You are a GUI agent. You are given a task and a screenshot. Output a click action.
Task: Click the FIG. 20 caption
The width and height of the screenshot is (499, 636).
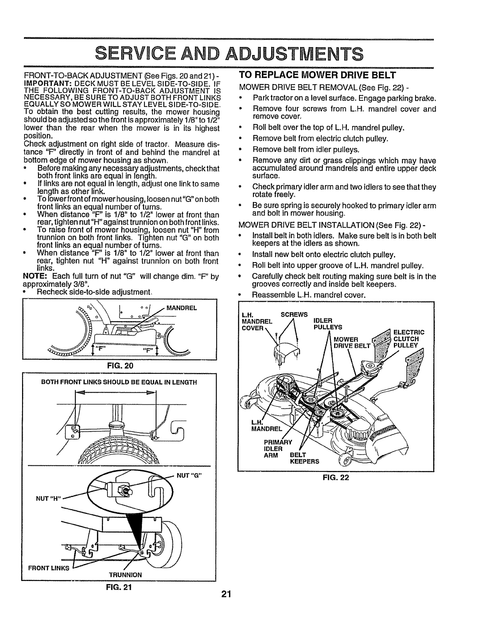click(x=118, y=365)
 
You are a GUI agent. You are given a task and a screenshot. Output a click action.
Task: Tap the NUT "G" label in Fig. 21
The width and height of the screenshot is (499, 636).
click(x=189, y=476)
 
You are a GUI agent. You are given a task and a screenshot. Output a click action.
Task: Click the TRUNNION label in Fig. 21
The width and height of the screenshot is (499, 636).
click(x=125, y=575)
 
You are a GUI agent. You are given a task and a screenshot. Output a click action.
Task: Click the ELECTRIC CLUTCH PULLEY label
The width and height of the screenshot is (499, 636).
click(x=409, y=338)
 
